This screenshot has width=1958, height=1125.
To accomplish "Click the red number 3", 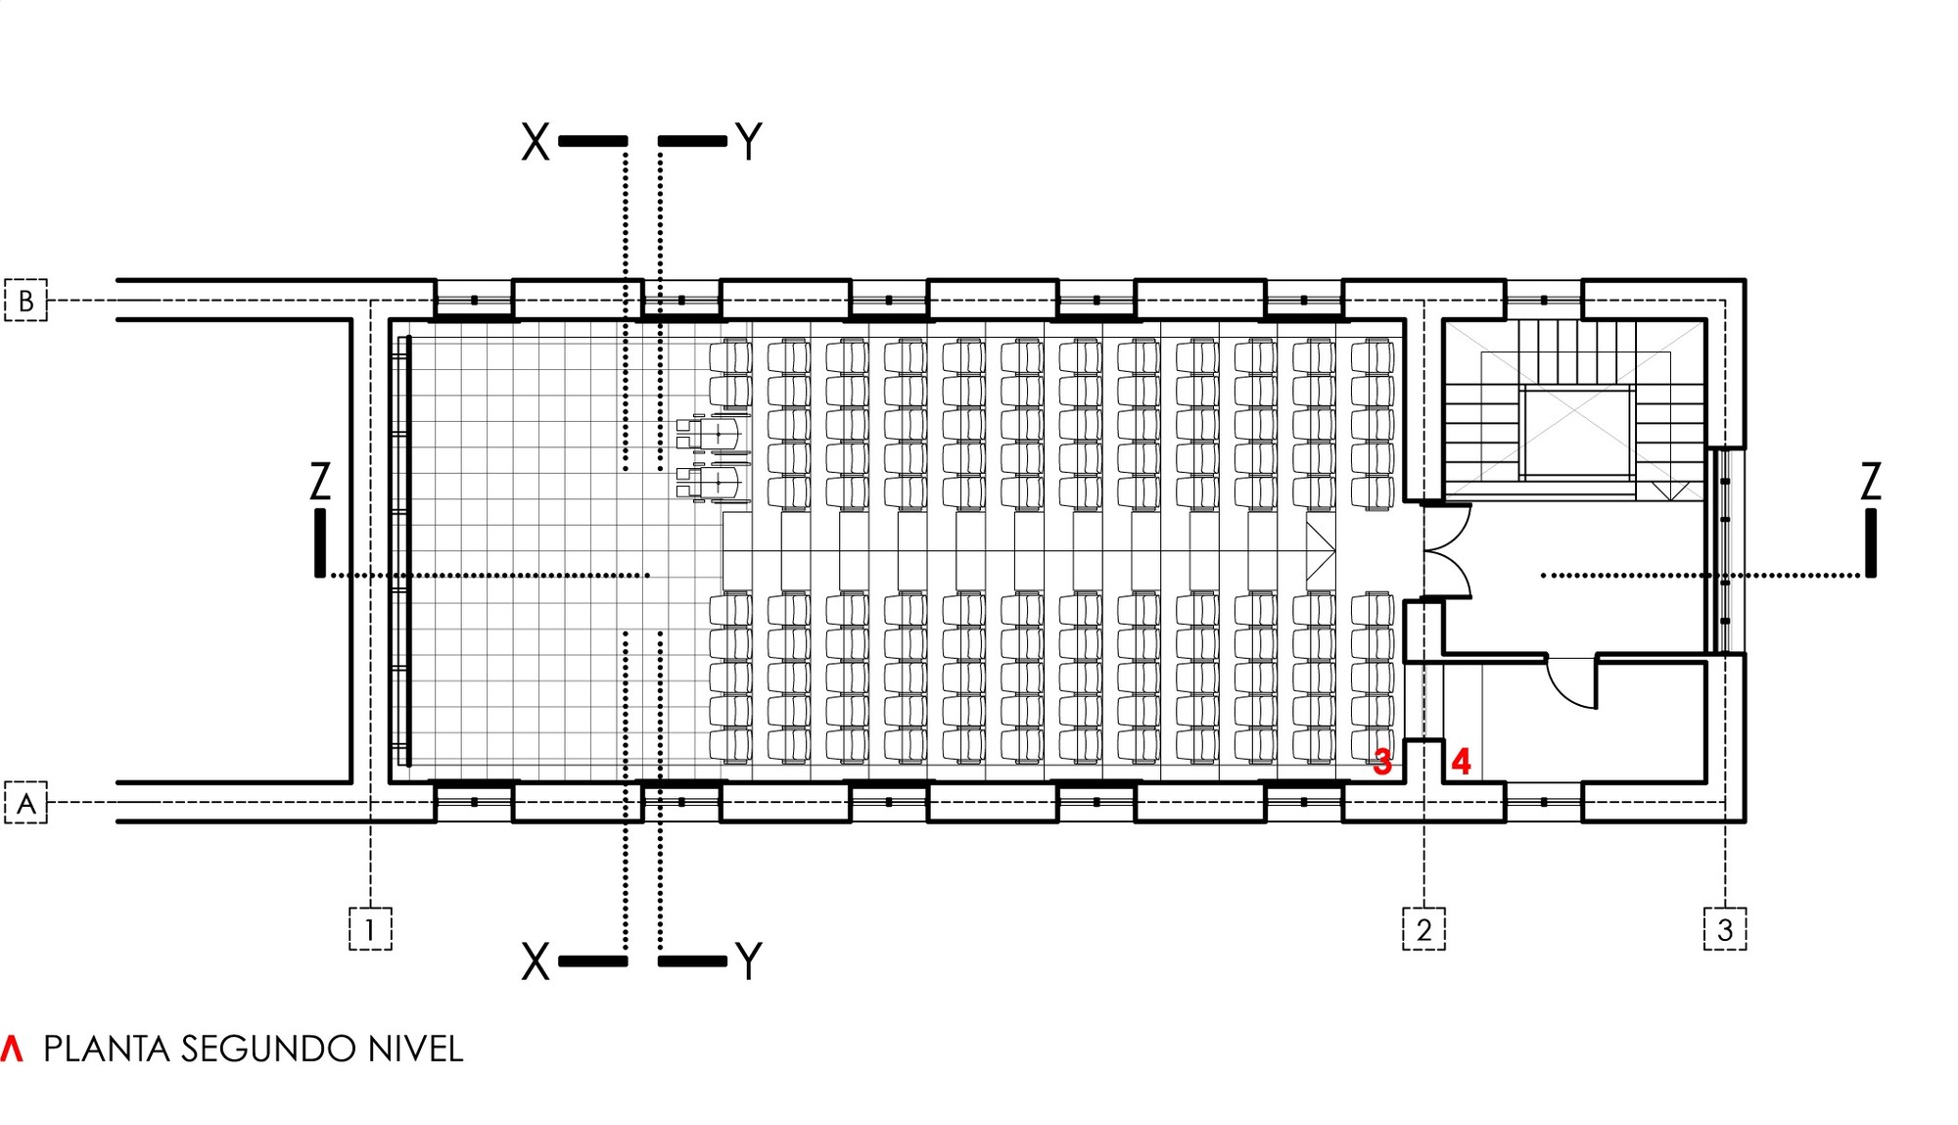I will tap(1382, 761).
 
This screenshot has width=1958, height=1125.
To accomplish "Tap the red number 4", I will tap(1461, 761).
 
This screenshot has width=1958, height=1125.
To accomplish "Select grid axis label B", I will tap(26, 301).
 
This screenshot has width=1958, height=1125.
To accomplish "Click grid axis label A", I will tap(26, 803).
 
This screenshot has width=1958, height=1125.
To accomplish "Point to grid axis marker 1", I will tap(370, 929).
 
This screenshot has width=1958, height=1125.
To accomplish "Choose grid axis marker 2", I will tap(1423, 929).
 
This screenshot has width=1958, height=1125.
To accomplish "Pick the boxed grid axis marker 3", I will tap(1725, 929).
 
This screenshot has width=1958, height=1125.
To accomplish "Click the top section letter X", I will tap(536, 143).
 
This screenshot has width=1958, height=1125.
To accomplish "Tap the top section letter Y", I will tap(749, 143).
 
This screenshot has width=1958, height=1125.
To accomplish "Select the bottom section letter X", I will tap(536, 962).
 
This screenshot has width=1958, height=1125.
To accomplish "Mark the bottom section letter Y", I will tap(749, 962).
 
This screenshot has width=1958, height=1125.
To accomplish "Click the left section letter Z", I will tap(320, 482).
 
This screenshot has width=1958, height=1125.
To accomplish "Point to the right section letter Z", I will tap(1871, 482).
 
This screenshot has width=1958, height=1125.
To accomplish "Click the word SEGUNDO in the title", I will tap(268, 1050).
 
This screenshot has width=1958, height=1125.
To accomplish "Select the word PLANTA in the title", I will tap(107, 1050).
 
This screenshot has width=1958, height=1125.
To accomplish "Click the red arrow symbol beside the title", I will tap(12, 1049).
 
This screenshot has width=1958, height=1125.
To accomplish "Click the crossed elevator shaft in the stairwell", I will tap(1576, 432).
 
